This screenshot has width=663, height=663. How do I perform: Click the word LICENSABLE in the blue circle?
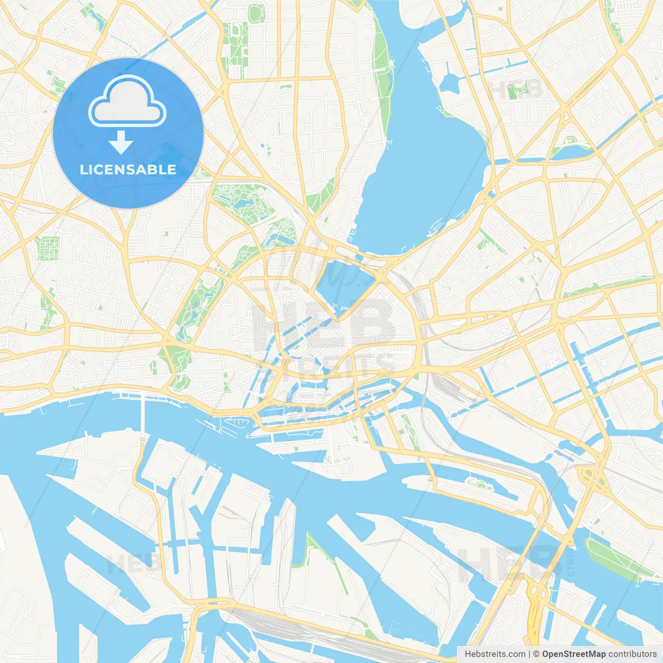click(x=128, y=169)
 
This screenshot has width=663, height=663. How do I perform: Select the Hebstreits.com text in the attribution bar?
click(x=495, y=654)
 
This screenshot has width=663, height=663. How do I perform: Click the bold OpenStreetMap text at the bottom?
click(x=573, y=654)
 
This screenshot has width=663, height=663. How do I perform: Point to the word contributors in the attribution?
click(x=632, y=654)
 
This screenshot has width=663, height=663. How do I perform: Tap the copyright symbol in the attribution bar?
click(x=536, y=654)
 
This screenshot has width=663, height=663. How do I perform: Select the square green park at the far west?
click(x=48, y=248)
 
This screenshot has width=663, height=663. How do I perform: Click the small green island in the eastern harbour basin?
click(x=479, y=484)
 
